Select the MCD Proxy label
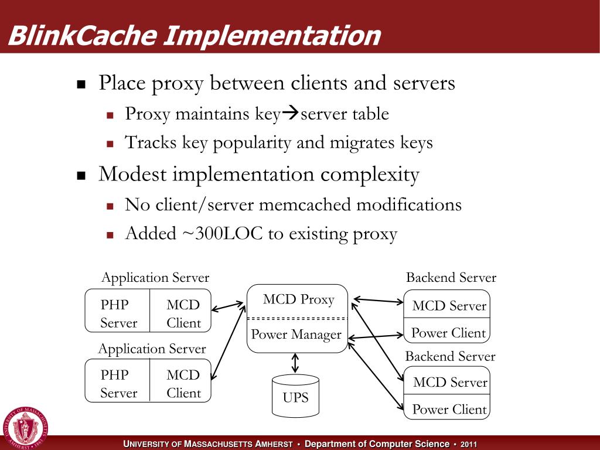298,300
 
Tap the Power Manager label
296,335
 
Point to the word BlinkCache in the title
82,36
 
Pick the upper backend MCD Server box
449,306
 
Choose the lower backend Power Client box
449,409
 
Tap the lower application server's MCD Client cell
183,384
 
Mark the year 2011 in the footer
469,444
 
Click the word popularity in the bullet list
246,142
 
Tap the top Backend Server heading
451,278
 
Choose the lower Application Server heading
152,349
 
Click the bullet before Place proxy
81,84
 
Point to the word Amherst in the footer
274,444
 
